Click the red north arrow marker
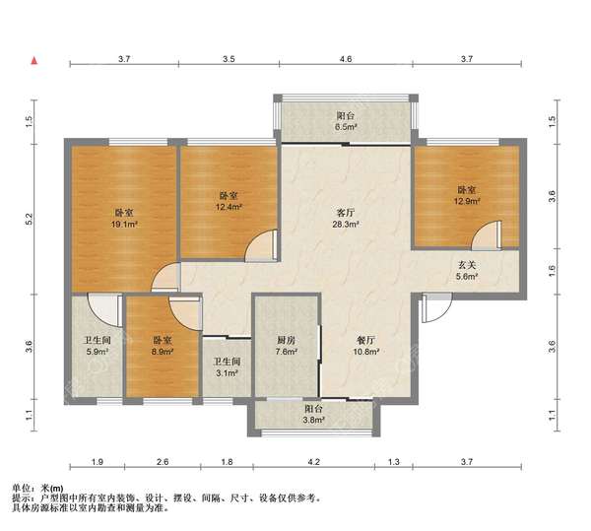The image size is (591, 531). pos(34,60)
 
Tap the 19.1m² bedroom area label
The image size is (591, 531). pos(124,219)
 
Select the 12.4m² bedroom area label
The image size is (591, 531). pos(229,201)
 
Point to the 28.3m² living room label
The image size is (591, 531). pos(346,219)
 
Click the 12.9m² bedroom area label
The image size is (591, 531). pos(467,195)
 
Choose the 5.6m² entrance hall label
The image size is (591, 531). pos(467,271)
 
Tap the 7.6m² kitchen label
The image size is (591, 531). pos(286,346)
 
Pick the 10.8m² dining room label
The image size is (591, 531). pos(365,346)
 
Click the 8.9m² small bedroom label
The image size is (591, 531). pos(163,346)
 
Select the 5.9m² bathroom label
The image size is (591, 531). pos(97,346)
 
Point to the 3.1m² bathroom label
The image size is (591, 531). pos(227,367)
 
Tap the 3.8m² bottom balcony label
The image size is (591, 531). pos(313,414)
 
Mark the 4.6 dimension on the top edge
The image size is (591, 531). pos(346,59)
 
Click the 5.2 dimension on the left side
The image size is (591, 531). pos(29,219)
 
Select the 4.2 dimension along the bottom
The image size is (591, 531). pos(313,461)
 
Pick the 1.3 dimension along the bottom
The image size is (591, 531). pos(393,461)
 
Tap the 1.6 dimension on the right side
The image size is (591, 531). pos(552,271)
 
